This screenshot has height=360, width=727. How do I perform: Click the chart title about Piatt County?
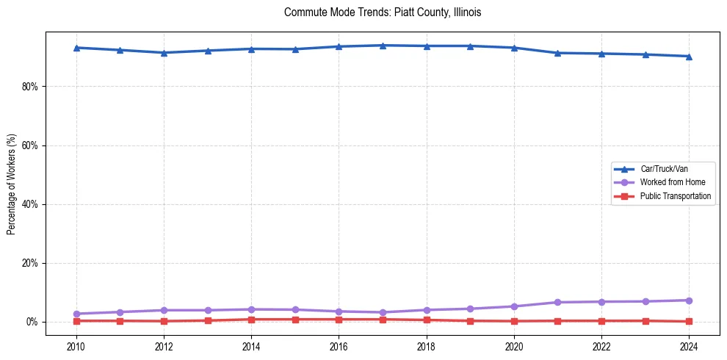(382, 12)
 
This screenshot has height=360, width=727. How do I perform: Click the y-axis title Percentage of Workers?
(12, 184)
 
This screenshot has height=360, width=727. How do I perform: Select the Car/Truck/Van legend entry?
(663, 169)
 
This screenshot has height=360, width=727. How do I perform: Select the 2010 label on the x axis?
(76, 346)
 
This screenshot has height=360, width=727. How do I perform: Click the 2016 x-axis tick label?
(339, 346)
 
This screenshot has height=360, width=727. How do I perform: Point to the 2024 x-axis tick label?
(689, 346)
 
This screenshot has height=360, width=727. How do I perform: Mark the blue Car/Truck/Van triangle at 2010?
(76, 48)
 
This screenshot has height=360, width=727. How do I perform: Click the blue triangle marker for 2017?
(383, 46)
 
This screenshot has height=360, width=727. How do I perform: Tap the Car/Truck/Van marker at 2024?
(689, 57)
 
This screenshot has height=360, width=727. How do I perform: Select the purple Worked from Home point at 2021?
(557, 302)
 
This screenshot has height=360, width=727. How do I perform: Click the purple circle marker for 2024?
(689, 300)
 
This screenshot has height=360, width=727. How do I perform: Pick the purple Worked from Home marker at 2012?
(164, 310)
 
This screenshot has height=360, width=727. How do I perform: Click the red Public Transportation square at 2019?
(470, 320)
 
